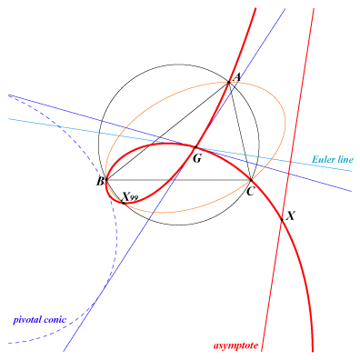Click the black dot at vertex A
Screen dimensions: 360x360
[x=229, y=82]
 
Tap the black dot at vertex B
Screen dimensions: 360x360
[x=106, y=180]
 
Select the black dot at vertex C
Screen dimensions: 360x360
[x=251, y=180]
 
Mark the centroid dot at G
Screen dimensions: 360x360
[x=195, y=147]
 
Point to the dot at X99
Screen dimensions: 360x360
[x=124, y=203]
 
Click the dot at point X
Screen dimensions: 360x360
[x=282, y=219]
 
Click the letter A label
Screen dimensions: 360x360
[x=236, y=77]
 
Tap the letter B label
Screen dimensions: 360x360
[x=100, y=182]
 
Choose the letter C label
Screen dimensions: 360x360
[x=250, y=192]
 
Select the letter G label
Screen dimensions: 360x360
[x=197, y=158]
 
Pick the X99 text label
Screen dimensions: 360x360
[x=130, y=196]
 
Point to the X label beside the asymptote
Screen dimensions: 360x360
[x=290, y=215]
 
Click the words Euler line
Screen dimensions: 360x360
[x=333, y=159]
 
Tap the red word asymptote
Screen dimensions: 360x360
[x=235, y=345]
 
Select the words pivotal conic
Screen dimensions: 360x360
[x=39, y=320]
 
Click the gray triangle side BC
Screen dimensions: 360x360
[x=178, y=180]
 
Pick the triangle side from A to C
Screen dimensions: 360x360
[x=240, y=131]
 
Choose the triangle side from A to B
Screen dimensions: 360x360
[x=167, y=131]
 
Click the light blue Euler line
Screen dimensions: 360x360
[x=180, y=145]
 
